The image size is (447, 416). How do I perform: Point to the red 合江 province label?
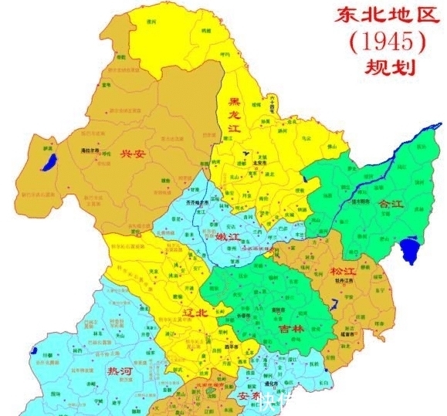coord(391,205)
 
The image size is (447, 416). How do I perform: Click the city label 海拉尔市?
coord(90,151)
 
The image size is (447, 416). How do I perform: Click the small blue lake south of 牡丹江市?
coord(334,308)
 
